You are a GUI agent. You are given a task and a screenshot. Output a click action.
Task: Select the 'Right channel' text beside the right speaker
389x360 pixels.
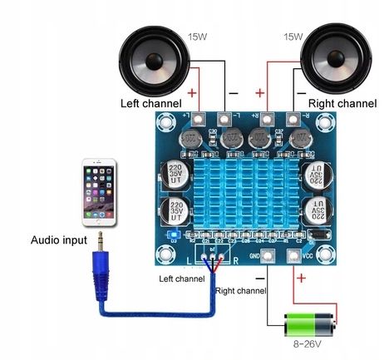click(x=342, y=104)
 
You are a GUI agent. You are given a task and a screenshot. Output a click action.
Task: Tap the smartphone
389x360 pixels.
click(x=98, y=194)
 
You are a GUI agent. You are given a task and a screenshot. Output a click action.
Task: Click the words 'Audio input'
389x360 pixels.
click(x=58, y=241)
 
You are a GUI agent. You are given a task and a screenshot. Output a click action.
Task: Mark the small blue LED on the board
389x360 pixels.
click(x=171, y=235)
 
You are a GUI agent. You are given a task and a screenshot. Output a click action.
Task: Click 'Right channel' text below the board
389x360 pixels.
click(x=241, y=292)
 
